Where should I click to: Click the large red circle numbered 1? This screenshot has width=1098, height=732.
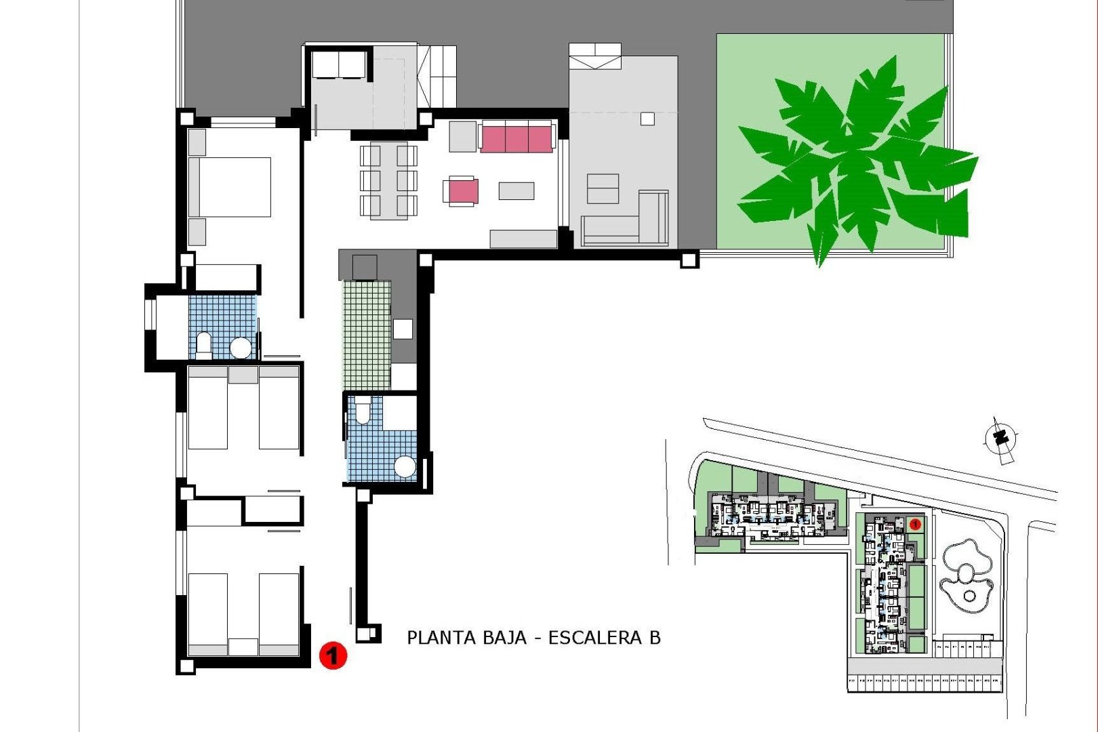(333, 655)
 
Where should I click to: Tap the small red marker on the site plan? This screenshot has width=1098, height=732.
(915, 524)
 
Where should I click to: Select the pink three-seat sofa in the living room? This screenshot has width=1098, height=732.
(516, 139)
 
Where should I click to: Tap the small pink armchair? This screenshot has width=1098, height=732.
(462, 190)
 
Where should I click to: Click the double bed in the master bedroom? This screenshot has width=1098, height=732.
(230, 187)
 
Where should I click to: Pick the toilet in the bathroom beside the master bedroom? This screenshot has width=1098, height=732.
(203, 344)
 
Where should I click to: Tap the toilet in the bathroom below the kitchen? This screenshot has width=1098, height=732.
(363, 410)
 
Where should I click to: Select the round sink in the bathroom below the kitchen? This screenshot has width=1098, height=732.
(405, 466)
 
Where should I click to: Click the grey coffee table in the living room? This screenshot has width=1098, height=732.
(516, 191)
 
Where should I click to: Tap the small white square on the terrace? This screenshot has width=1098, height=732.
(647, 119)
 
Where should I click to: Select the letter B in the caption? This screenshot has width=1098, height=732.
(655, 638)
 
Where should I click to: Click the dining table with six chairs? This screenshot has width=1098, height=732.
(388, 181)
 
